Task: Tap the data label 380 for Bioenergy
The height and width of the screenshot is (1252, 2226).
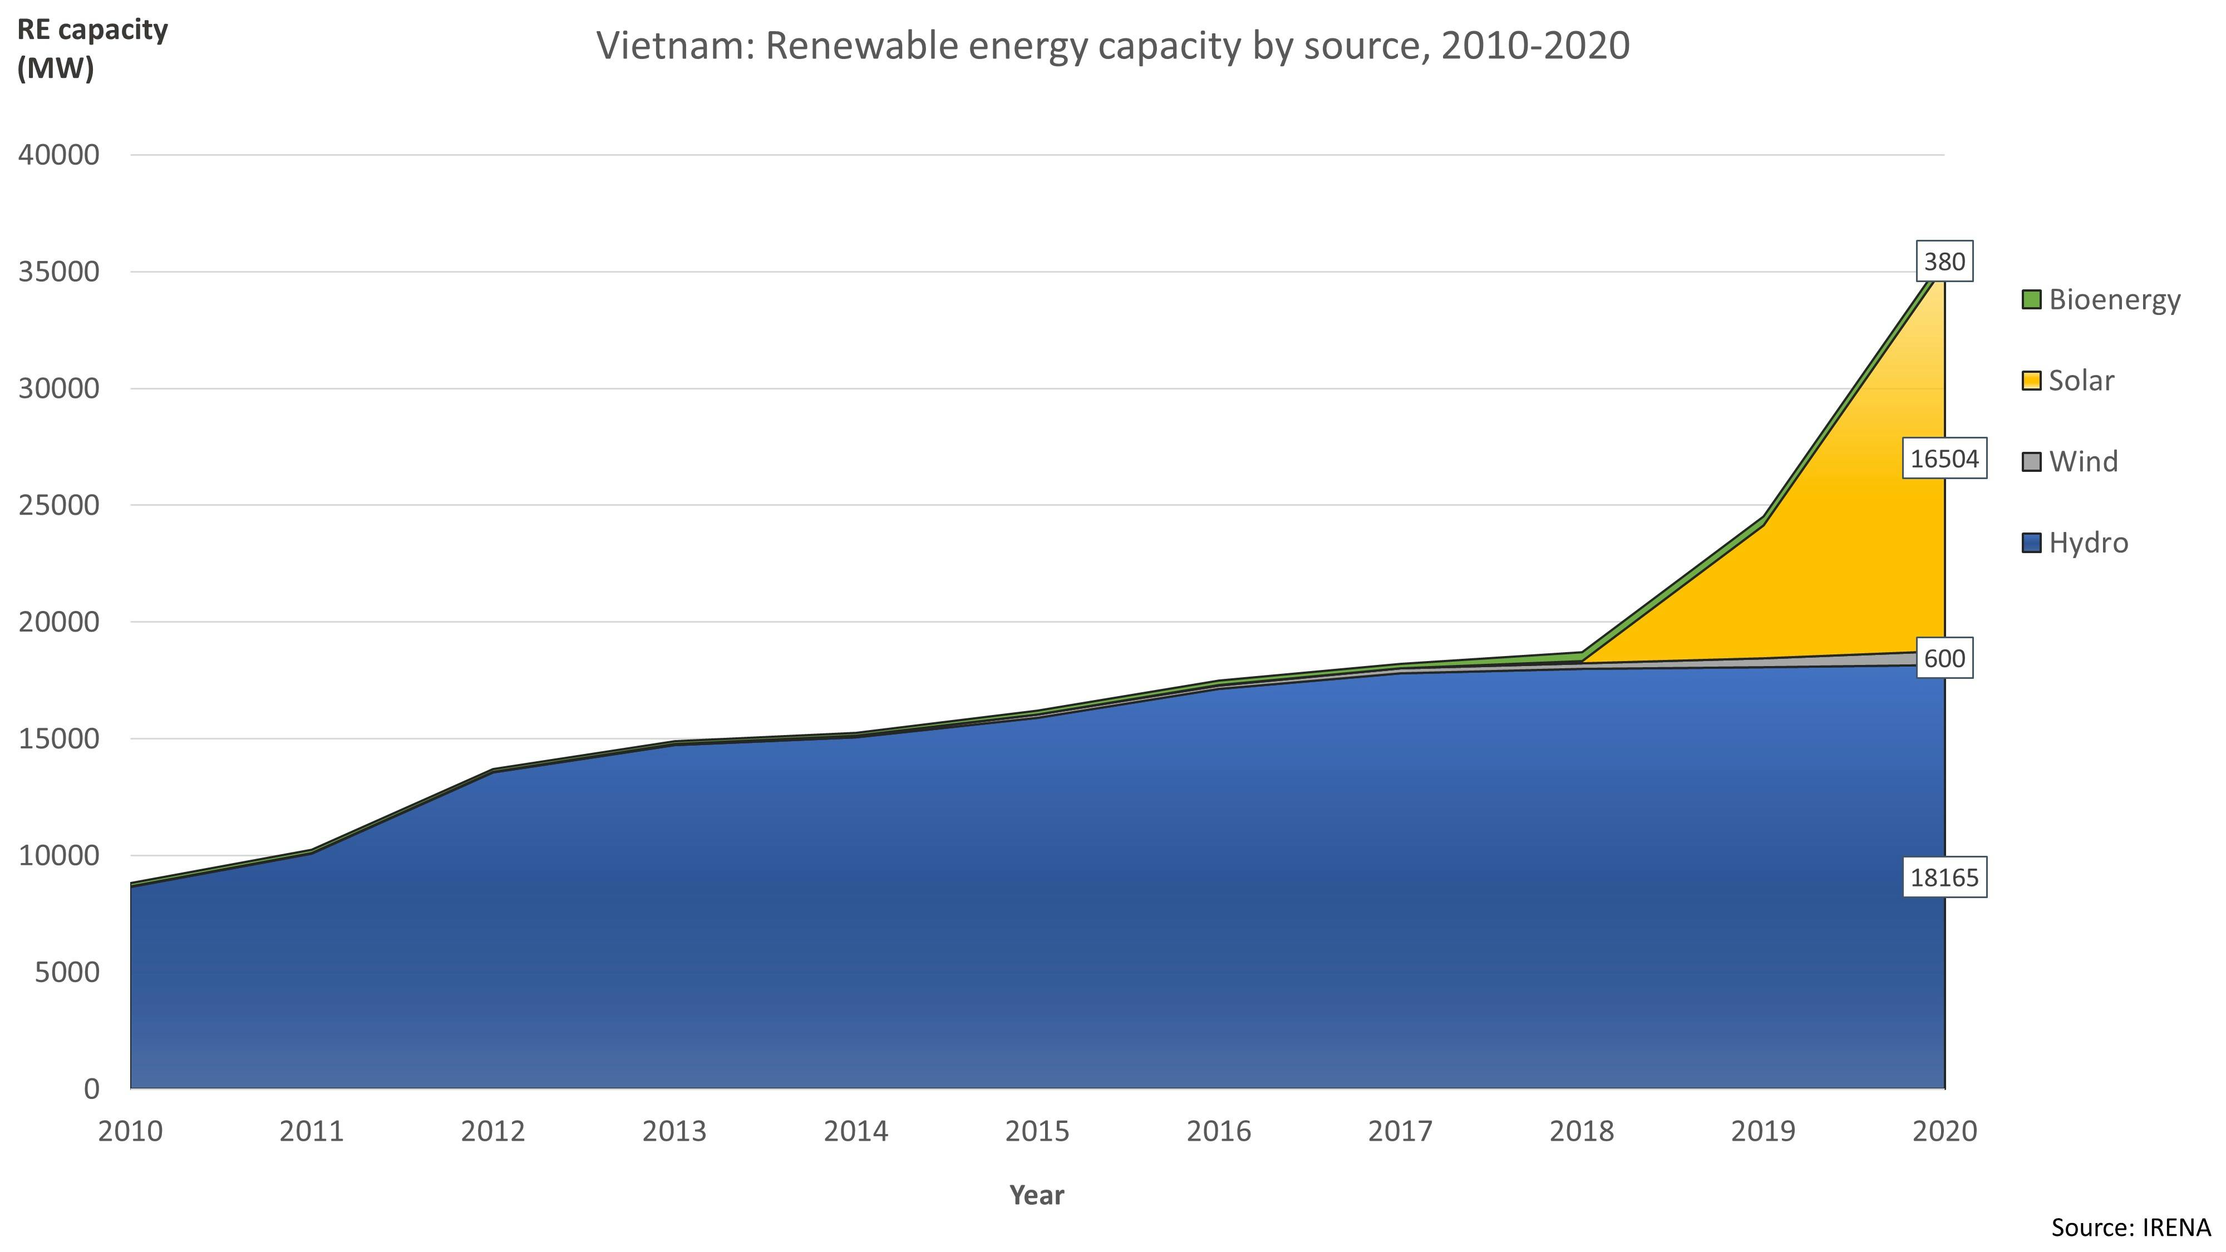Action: (1944, 262)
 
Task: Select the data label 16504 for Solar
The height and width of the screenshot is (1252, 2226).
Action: (1944, 459)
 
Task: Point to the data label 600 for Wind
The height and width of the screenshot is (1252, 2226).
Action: (1944, 659)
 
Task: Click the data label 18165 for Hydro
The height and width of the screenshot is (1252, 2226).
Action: (1944, 878)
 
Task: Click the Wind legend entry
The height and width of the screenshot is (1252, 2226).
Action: (2082, 461)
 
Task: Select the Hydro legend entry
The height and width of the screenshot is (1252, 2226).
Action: (2088, 543)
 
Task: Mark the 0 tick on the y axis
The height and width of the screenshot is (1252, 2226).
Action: (92, 1089)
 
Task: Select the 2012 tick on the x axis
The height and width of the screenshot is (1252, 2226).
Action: (493, 1132)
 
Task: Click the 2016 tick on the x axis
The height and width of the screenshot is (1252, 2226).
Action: (1218, 1132)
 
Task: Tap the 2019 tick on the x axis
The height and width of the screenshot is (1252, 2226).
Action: (1763, 1132)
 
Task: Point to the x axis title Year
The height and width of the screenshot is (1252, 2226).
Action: (1037, 1196)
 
